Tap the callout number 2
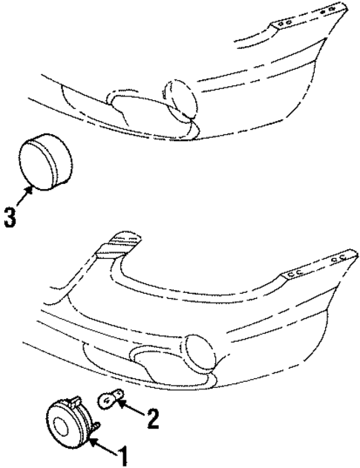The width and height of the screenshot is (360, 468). [153, 419]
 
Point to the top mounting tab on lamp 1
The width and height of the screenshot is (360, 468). [76, 401]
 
